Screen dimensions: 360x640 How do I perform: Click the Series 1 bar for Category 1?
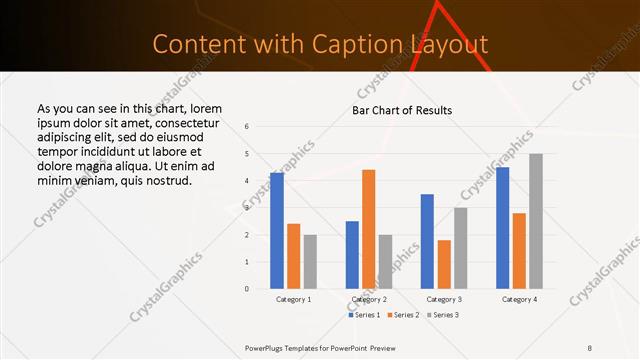[277, 231]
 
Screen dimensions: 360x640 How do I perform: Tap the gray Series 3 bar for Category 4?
[536, 221]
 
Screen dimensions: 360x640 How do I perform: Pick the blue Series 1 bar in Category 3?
[427, 241]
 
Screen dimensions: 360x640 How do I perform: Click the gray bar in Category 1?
[310, 262]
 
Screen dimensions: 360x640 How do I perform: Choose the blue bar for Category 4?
[502, 228]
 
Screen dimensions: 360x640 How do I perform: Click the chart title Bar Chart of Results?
[402, 110]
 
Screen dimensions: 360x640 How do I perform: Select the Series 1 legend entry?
[364, 315]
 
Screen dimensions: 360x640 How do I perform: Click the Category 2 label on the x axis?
[369, 299]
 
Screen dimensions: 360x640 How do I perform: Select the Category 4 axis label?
[519, 299]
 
